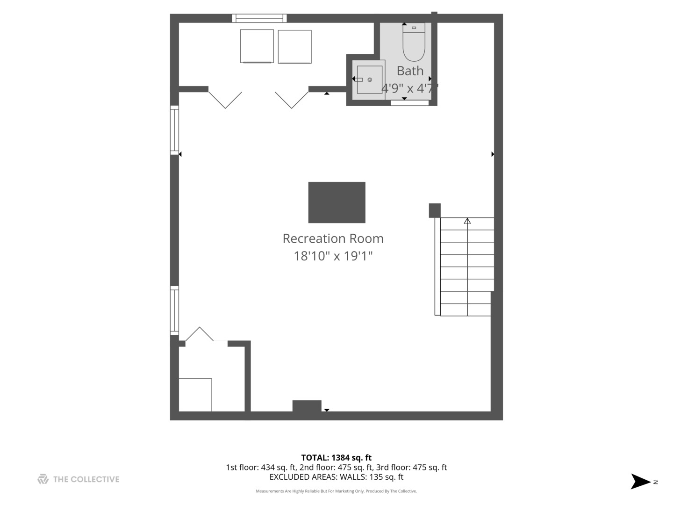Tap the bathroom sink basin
[x=369, y=79]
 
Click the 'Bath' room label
[x=410, y=71]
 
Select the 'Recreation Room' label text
[x=333, y=238]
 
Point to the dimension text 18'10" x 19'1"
[x=333, y=256]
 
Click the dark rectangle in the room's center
[x=336, y=202]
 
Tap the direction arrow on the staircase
[x=467, y=221]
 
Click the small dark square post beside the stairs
[x=435, y=210]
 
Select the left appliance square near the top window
[x=257, y=46]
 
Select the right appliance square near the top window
[x=294, y=46]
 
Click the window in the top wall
[x=259, y=18]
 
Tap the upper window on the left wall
[x=174, y=130]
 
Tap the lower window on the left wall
[x=174, y=310]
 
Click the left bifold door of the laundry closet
[x=225, y=100]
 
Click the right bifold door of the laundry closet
[x=292, y=100]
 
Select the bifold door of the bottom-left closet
[x=200, y=334]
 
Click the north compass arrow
[x=640, y=481]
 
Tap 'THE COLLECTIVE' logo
[x=79, y=479]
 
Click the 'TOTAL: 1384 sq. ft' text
[x=336, y=458]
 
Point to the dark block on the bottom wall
[x=307, y=406]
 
